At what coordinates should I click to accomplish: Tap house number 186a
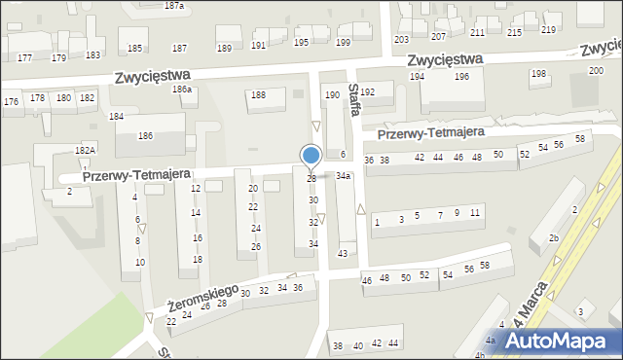point(182,90)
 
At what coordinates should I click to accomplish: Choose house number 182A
point(86,150)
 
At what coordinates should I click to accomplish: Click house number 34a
point(343,176)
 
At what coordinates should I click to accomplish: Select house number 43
point(343,253)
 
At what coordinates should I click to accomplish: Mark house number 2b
point(553,238)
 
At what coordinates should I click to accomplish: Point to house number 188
point(258,94)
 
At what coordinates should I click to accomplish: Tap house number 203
point(401,39)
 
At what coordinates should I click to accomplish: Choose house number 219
point(549,30)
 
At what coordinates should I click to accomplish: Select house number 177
point(24,58)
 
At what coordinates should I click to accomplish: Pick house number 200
point(596,71)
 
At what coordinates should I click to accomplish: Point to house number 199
point(343,43)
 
